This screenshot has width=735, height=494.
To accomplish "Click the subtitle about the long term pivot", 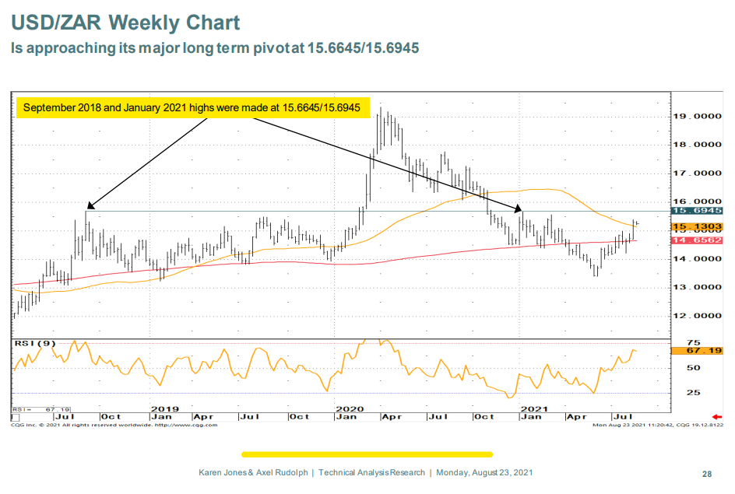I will coord(215,48).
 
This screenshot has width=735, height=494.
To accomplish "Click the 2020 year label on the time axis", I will coord(350,408).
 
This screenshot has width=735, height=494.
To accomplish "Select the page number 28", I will coord(707,473).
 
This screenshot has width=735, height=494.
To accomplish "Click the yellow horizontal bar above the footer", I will coord(367,454).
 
